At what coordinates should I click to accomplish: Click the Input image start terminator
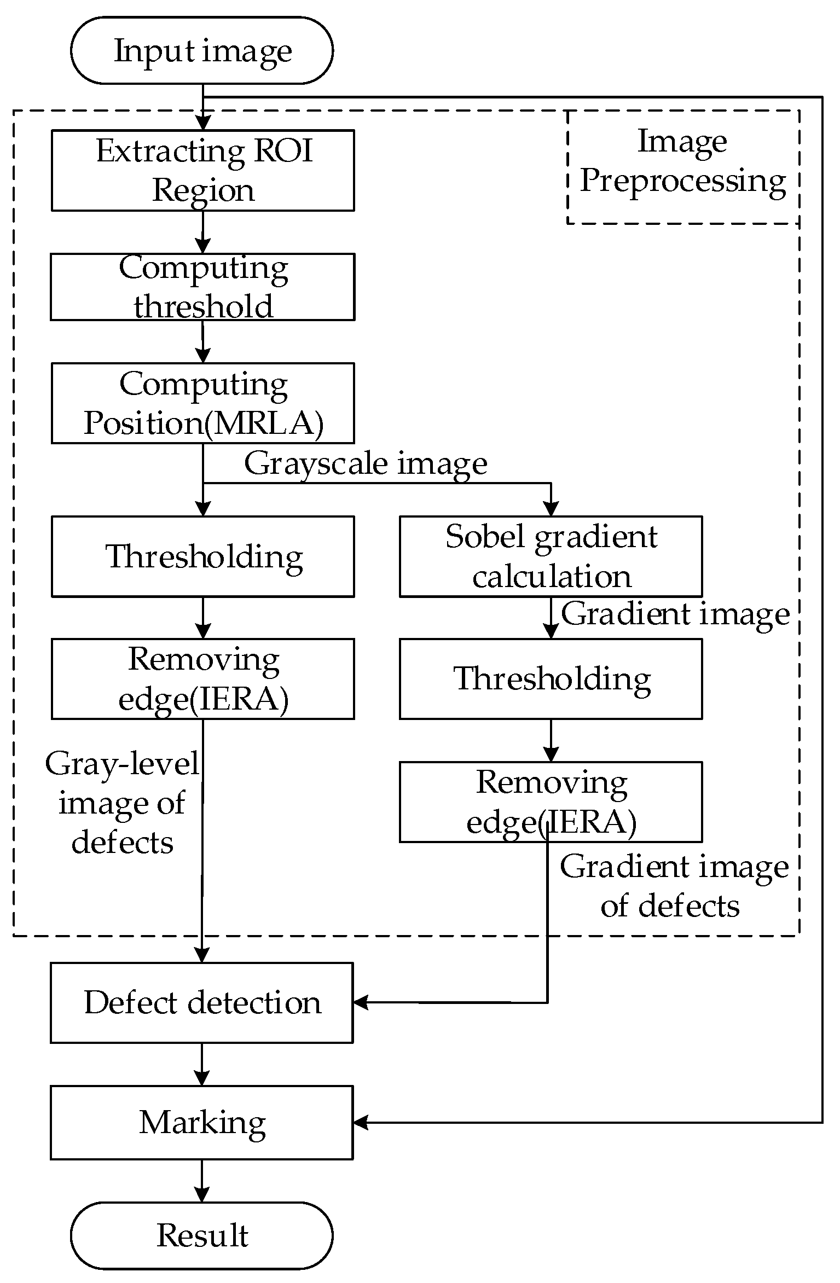coord(202,50)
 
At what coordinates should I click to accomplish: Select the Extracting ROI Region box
coord(202,170)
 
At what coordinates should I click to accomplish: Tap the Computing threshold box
coord(202,287)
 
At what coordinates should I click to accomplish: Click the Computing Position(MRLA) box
coord(202,403)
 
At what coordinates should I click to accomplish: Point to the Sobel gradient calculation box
coord(551,556)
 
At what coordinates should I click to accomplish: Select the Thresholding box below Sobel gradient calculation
coord(551,679)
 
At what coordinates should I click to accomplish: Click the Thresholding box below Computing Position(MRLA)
coord(202,556)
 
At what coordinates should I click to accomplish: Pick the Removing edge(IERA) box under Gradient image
coord(551,802)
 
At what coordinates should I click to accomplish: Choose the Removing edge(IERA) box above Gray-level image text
coord(202,679)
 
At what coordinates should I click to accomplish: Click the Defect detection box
coord(202,1003)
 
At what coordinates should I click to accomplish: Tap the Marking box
coord(202,1123)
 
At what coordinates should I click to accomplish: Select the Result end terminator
coord(202,1236)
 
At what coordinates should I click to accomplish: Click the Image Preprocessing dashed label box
coord(683,167)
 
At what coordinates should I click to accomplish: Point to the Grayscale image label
coord(366,464)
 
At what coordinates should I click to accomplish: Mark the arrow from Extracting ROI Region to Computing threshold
coord(202,232)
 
